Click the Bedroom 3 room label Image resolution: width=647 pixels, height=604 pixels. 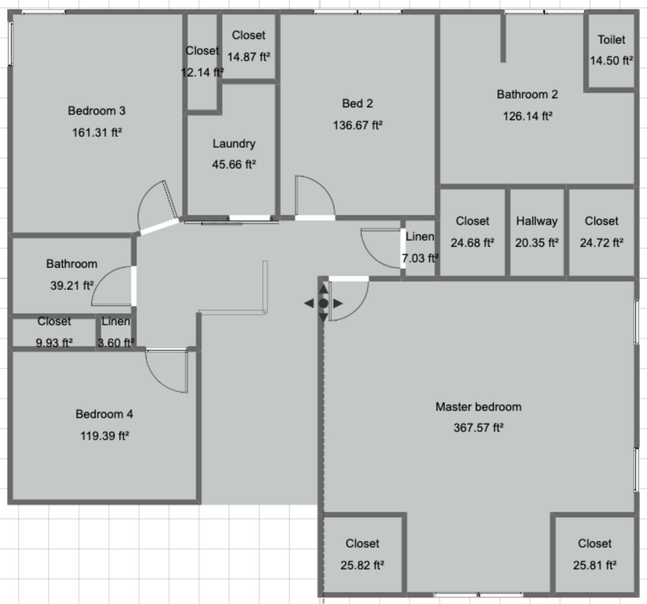[x=96, y=111]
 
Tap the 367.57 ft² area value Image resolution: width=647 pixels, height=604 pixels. [x=478, y=428]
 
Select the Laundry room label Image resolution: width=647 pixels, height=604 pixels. [x=234, y=143]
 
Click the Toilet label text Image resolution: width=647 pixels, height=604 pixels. [x=611, y=40]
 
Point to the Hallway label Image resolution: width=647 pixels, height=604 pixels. [x=536, y=221]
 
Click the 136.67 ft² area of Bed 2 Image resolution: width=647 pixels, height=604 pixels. [x=357, y=125]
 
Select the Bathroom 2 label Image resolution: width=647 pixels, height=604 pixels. [x=527, y=94]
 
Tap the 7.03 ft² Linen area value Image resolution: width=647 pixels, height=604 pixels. [x=420, y=258]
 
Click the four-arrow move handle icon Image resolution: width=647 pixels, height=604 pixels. [x=323, y=303]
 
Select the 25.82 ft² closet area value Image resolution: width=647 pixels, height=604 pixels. [x=362, y=565]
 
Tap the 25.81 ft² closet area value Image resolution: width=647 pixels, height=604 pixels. [x=594, y=565]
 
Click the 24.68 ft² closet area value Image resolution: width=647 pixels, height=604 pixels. [x=472, y=243]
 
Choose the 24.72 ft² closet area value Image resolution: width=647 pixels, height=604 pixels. [x=601, y=243]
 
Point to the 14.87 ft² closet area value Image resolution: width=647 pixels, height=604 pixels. [x=248, y=57]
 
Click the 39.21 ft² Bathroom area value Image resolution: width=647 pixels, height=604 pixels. [x=72, y=286]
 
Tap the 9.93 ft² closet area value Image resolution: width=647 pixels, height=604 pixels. [x=54, y=343]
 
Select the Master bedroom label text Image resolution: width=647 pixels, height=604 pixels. [x=478, y=407]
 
